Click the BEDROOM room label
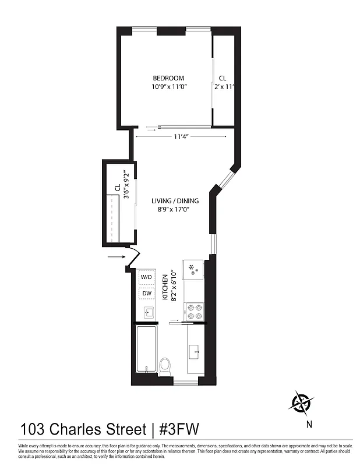tap(168, 79)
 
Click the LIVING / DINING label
tap(175, 201)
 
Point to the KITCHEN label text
tap(165, 288)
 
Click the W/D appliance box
tap(147, 277)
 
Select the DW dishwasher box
tap(147, 294)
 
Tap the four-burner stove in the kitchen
tap(193, 311)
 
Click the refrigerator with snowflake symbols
tap(192, 270)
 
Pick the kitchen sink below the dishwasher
tap(147, 313)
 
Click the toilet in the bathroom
tap(165, 366)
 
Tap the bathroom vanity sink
tap(194, 351)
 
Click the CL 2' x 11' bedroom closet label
tap(223, 83)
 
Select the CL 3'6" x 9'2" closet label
tap(122, 192)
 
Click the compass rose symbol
tap(302, 403)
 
